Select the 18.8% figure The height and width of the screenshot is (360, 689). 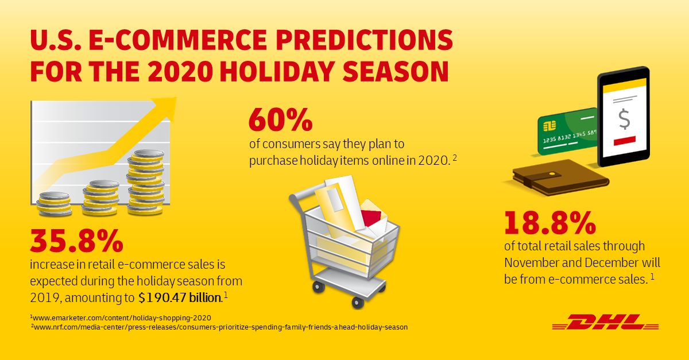[550, 223]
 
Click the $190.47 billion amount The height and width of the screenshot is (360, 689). [180, 298]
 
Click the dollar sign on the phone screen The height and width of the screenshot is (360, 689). [624, 119]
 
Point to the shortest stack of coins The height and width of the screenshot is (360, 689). [54, 204]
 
